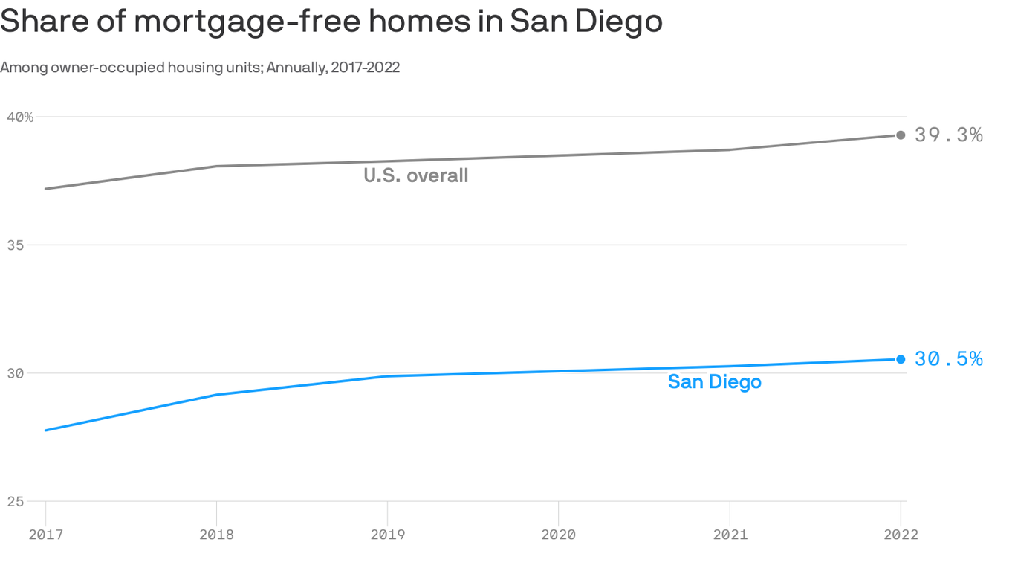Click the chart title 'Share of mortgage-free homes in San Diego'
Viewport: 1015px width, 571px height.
(331, 21)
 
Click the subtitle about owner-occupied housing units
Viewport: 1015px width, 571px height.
(200, 68)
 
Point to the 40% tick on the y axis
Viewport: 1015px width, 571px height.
(21, 117)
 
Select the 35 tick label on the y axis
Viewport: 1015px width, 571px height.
(16, 245)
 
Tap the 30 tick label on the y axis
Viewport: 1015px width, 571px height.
(16, 373)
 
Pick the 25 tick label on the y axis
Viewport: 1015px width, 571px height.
(16, 502)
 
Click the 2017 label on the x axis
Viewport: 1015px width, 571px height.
(45, 535)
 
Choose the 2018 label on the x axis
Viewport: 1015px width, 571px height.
(216, 535)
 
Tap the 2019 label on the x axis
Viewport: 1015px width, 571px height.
(387, 535)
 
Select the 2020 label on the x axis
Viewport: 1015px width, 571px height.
(558, 535)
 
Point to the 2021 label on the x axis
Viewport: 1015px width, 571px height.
(730, 535)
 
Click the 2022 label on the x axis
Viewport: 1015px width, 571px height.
(901, 535)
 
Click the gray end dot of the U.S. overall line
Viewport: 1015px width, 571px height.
(901, 135)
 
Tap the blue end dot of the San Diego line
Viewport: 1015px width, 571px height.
(901, 359)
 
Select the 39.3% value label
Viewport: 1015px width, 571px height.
(948, 135)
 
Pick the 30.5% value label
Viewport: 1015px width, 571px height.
(948, 359)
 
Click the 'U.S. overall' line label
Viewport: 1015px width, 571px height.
(416, 176)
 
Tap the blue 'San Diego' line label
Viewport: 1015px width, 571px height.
(714, 382)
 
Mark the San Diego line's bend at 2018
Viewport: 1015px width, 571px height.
(216, 395)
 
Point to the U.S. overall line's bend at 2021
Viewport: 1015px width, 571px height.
(730, 149)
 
